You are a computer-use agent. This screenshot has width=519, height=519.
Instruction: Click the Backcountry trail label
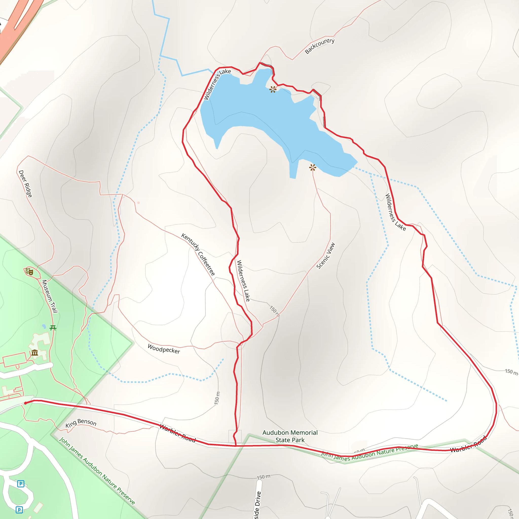(320, 46)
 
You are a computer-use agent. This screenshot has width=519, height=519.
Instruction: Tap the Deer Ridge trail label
(25, 184)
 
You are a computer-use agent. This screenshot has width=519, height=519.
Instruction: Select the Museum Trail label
(50, 296)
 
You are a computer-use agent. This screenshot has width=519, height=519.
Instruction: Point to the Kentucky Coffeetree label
(198, 254)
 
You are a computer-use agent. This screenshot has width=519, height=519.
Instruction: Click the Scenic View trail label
(326, 256)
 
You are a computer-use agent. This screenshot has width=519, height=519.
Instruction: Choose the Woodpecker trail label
(164, 349)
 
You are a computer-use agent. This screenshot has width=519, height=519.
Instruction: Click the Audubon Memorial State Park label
(290, 436)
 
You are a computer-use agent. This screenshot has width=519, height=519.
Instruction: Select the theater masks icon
(29, 272)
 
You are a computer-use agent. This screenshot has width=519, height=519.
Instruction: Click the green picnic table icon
(53, 328)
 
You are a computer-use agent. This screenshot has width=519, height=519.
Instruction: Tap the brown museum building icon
(35, 353)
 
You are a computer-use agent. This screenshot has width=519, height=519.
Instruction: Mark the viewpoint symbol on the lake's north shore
(273, 89)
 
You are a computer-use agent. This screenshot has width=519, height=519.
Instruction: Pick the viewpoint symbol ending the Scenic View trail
(312, 168)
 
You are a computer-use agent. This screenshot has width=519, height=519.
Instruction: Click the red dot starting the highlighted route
(26, 403)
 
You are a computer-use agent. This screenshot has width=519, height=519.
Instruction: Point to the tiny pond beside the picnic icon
(44, 327)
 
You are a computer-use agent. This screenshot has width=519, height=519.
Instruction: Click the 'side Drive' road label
(257, 505)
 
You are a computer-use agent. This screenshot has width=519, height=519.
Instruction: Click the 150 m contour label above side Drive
(264, 477)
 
